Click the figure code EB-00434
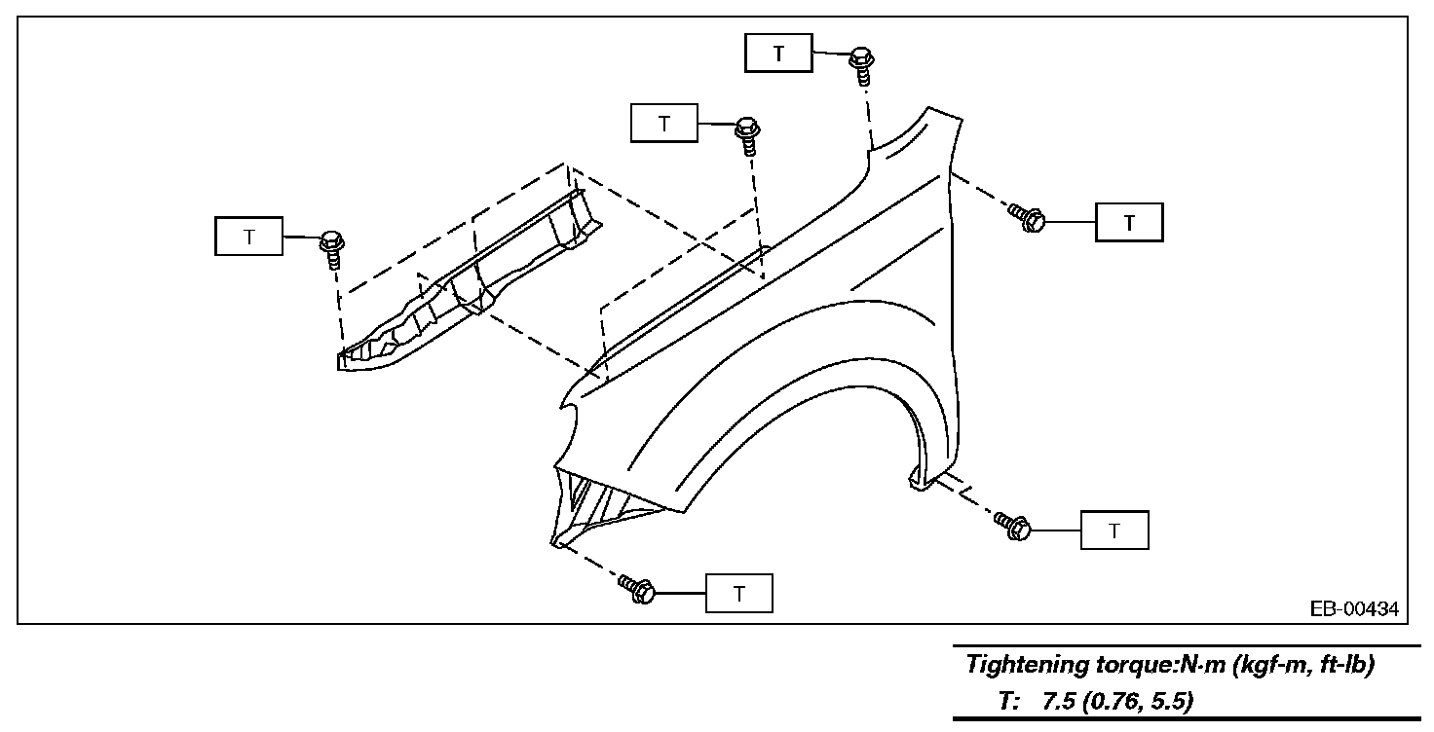pos(1354,609)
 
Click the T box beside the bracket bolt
pos(248,236)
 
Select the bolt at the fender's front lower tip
pos(637,588)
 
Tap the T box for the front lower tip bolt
pos(738,593)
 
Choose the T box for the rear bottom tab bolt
pos(1114,531)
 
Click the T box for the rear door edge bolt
pos(1129,222)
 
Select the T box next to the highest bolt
pos(778,53)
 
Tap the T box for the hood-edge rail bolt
pos(664,124)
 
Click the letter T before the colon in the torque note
pos(1005,702)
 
